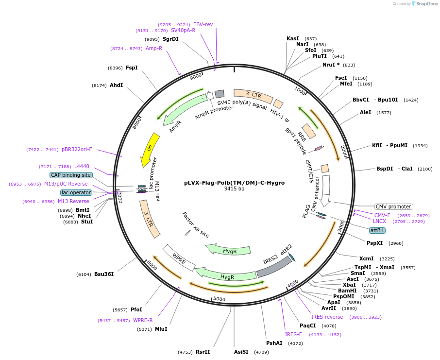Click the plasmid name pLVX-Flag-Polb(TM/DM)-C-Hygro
point(234,183)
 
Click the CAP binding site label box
point(70,175)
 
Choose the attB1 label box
point(377,230)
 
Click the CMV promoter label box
point(394,206)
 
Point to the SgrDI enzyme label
point(170,39)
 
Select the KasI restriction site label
point(293,38)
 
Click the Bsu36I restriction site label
point(104,274)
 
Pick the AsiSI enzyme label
point(241,352)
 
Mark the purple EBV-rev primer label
point(203,24)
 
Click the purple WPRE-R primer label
point(143,320)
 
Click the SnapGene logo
point(424,4)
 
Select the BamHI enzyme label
point(347,291)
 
